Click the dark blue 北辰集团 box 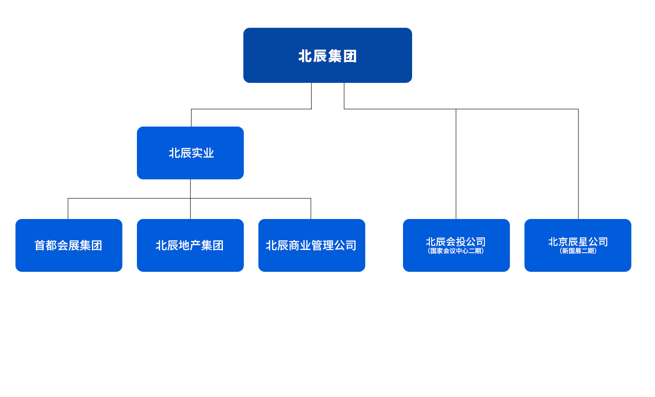327,56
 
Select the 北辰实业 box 190,153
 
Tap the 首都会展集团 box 69,245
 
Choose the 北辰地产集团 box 190,245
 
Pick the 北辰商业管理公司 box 311,245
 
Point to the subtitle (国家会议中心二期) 456,251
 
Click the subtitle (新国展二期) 578,251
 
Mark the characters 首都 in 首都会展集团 45,245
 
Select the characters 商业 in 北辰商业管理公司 300,245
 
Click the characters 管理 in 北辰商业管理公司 322,245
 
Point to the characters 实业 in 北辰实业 203,153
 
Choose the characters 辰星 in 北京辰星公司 578,242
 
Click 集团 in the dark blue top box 342,56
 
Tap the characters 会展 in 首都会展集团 68,245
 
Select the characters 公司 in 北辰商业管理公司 346,245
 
